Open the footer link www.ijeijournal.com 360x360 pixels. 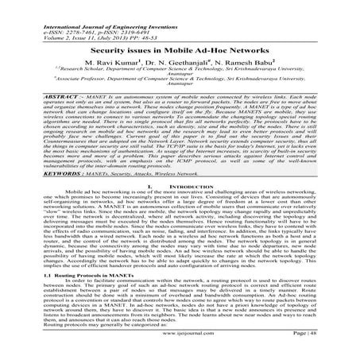tap(180, 349)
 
